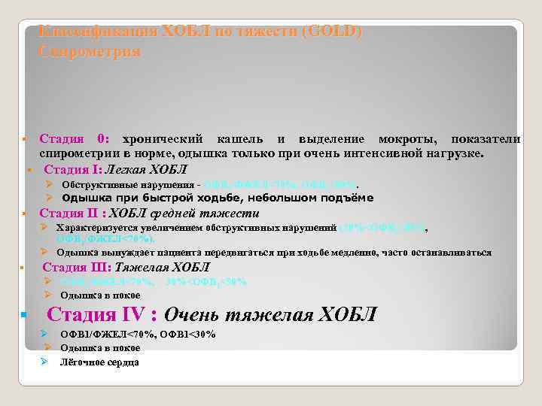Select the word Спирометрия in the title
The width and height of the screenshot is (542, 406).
point(89,52)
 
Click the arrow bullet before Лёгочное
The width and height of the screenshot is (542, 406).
point(45,362)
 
